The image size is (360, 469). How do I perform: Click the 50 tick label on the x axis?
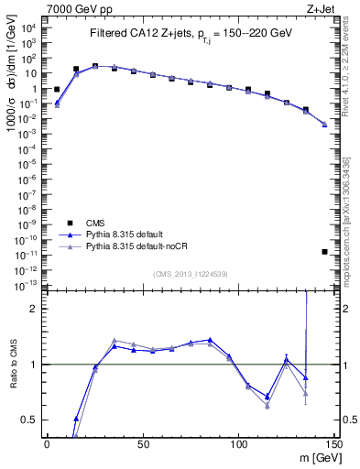(143, 444)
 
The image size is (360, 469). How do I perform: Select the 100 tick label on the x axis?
(239, 444)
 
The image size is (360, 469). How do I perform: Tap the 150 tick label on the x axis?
(334, 444)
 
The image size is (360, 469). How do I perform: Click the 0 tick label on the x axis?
(47, 444)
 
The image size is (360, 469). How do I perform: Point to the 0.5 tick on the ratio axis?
(31, 420)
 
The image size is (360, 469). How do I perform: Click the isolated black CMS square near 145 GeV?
(325, 252)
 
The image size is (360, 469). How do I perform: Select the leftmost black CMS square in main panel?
(57, 90)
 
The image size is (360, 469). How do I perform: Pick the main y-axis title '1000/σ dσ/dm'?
(15, 101)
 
